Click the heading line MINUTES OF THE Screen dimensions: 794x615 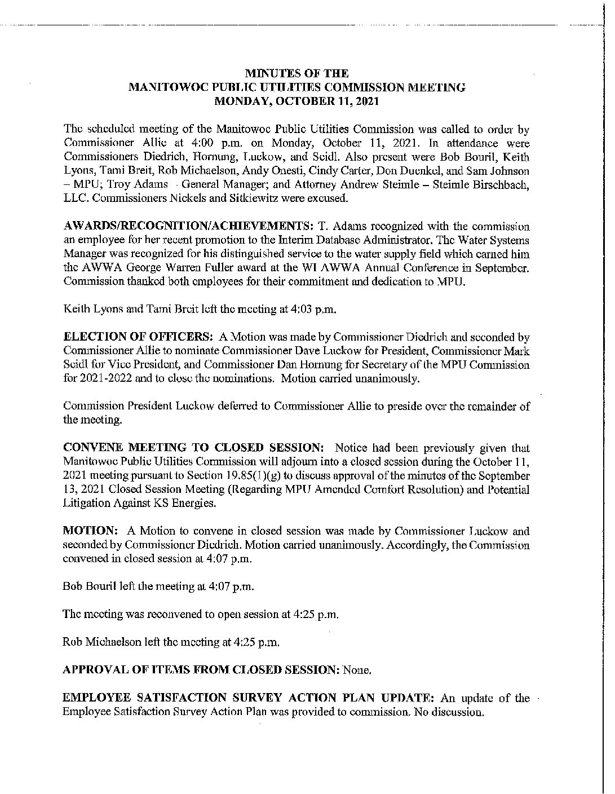pyautogui.click(x=297, y=73)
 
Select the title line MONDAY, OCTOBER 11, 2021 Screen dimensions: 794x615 pyautogui.click(x=297, y=102)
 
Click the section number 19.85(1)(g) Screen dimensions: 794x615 pyautogui.click(x=295, y=476)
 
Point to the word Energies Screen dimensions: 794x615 pyautogui.click(x=196, y=504)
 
